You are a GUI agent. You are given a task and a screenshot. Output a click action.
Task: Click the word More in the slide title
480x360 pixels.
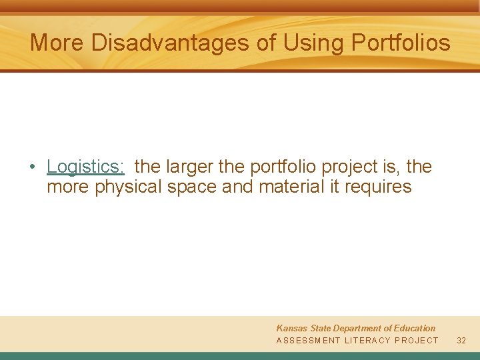pyautogui.click(x=57, y=43)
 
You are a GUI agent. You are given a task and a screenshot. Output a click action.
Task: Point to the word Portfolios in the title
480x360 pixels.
pyautogui.click(x=401, y=43)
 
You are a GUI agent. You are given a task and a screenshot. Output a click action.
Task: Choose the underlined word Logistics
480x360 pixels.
pyautogui.click(x=85, y=167)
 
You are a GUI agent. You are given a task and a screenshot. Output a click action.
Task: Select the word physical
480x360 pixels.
pyautogui.click(x=129, y=187)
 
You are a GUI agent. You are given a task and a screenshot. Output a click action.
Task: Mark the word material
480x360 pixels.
pyautogui.click(x=291, y=187)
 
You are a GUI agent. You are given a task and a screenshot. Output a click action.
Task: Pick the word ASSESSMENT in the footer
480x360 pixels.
pyautogui.click(x=308, y=341)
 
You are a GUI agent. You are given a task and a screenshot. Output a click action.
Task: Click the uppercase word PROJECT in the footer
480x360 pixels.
pyautogui.click(x=417, y=341)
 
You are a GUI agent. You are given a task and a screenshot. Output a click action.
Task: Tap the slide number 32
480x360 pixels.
pyautogui.click(x=461, y=341)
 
